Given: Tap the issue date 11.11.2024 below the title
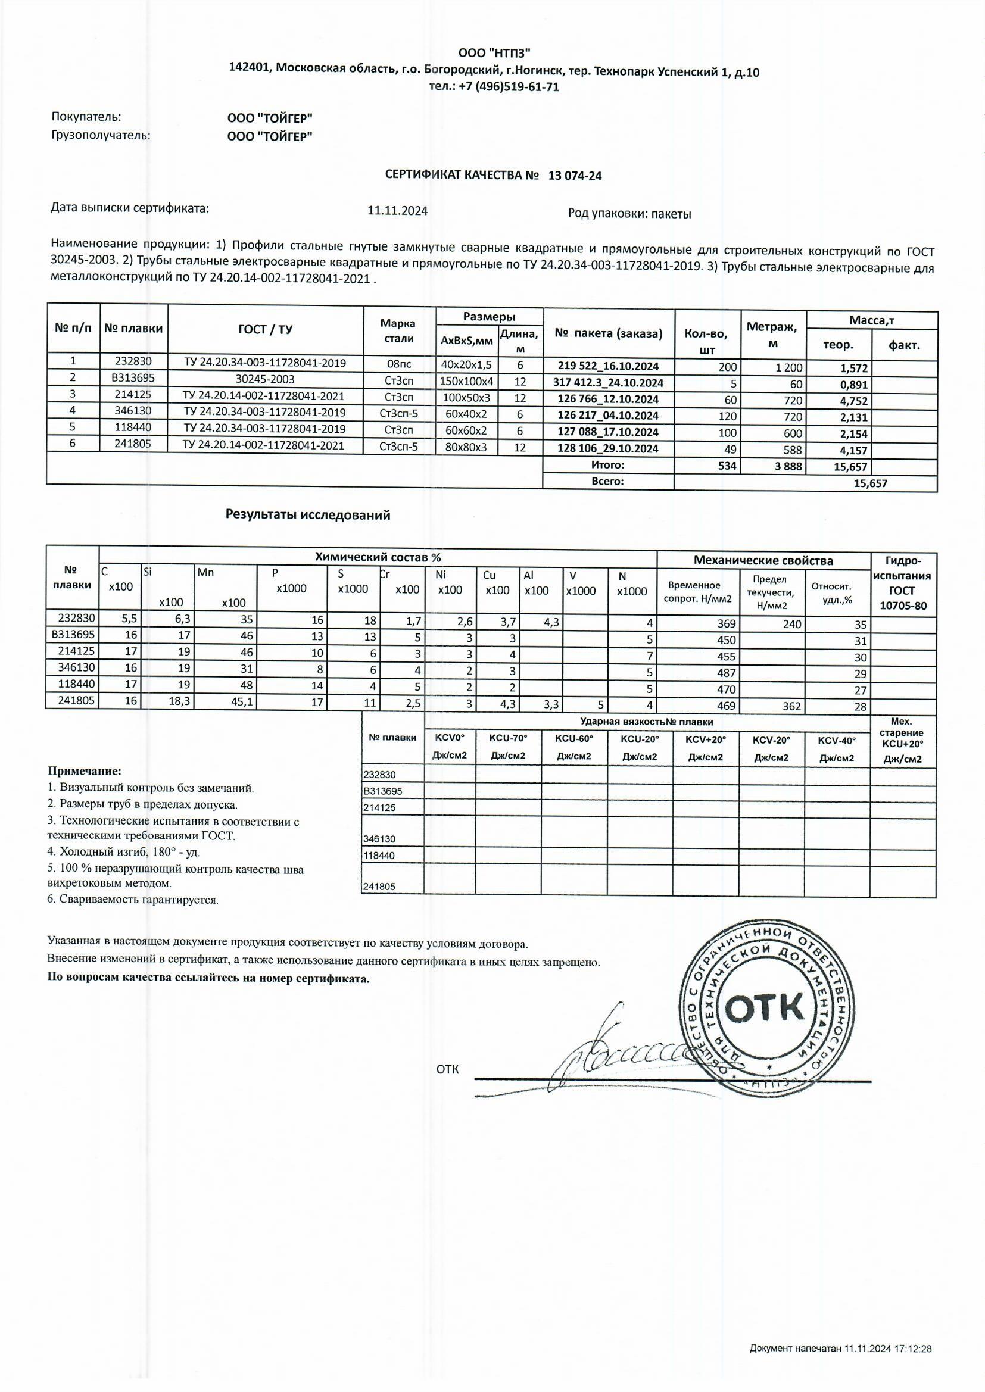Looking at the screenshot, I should tap(397, 211).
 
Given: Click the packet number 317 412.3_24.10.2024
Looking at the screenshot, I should tap(608, 383).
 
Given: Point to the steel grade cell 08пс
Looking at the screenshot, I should tap(399, 364).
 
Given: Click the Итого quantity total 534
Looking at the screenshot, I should tap(727, 466).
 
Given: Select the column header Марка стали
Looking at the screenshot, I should tap(399, 331).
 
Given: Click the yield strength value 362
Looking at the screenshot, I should tap(791, 706).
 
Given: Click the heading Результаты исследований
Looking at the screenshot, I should tap(308, 515).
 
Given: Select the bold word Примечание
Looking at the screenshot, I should tap(85, 771).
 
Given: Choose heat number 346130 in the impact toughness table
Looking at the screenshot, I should tap(379, 839).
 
